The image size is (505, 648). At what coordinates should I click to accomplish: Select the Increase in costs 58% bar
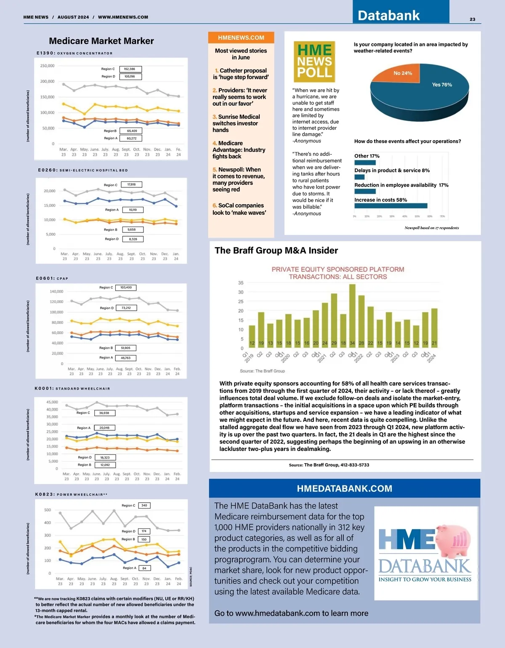[x=391, y=206]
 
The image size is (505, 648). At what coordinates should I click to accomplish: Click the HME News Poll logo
[x=314, y=61]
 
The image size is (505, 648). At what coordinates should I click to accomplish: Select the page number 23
[x=473, y=19]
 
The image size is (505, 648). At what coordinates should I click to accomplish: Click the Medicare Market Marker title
[x=101, y=41]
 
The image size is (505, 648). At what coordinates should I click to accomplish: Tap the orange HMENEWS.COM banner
[x=241, y=37]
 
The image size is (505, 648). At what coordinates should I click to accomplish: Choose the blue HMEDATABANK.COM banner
[x=344, y=488]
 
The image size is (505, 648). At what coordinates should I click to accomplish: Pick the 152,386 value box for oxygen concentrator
[x=130, y=69]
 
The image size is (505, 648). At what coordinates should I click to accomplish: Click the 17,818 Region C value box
[x=132, y=184]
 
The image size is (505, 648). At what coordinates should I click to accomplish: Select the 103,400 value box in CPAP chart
[x=126, y=288]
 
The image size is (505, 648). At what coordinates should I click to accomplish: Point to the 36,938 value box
[x=104, y=413]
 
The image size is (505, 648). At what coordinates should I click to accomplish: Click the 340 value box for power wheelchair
[x=144, y=505]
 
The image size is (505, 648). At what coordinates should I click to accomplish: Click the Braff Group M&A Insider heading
[x=276, y=251]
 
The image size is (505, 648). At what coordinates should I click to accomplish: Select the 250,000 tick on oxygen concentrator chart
[x=47, y=66]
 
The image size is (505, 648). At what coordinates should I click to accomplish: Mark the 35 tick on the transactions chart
[x=241, y=283]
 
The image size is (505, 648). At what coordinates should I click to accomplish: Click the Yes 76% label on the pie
[x=442, y=85]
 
